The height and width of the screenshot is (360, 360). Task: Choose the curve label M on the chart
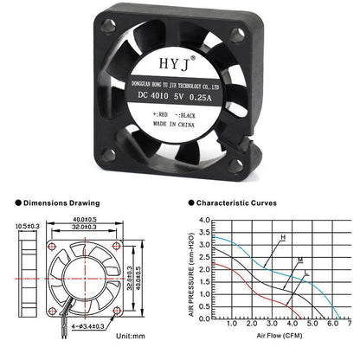pos(299,260)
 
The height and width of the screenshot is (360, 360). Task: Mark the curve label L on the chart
pos(306,274)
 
